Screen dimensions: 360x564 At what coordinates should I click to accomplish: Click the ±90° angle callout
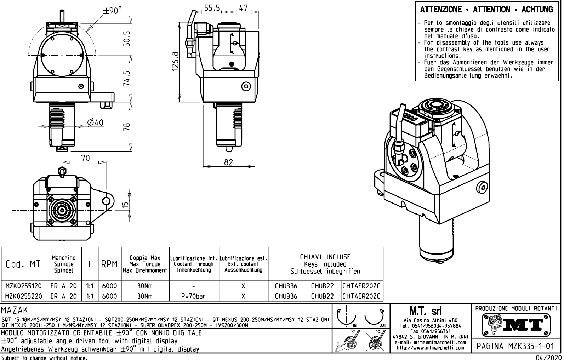tap(112, 11)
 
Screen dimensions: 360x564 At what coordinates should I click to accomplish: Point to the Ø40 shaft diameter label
tap(95, 122)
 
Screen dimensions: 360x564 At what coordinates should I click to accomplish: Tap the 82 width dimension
tap(229, 162)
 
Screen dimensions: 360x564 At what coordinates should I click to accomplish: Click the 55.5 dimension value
tap(212, 8)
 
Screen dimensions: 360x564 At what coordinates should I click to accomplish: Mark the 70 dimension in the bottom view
tap(85, 158)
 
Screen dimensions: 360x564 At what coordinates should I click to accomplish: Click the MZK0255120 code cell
tap(24, 286)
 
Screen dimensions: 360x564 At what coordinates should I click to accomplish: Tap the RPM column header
tap(109, 264)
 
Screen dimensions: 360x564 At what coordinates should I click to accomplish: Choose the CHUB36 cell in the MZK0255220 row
tap(286, 296)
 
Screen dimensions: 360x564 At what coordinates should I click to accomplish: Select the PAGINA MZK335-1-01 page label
tap(515, 346)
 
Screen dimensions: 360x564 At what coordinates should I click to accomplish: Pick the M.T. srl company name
tap(429, 311)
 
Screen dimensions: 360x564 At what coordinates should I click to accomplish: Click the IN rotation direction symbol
tap(347, 318)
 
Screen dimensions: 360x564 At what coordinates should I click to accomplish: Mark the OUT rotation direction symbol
tap(375, 318)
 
